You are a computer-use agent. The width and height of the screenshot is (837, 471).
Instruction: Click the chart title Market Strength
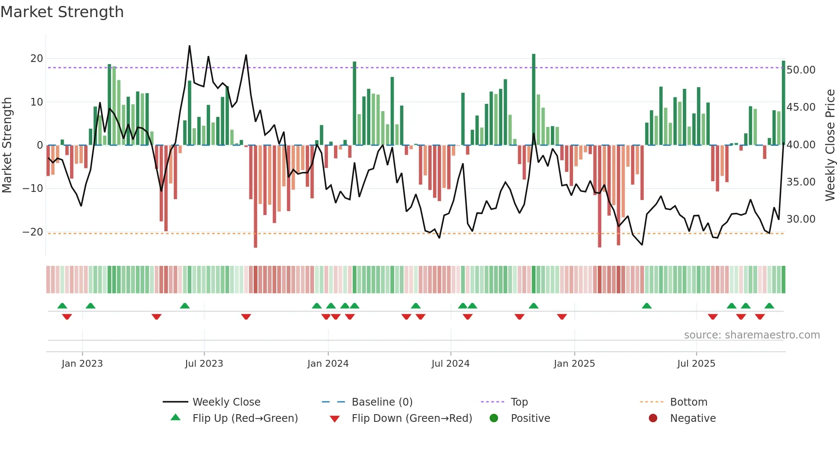[62, 12]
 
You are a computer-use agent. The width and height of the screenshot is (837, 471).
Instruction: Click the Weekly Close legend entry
[226, 402]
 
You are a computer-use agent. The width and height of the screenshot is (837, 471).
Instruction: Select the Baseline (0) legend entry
[382, 402]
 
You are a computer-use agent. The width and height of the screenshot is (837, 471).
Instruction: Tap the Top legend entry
[519, 402]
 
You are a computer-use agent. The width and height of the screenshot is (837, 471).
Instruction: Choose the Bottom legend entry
[688, 402]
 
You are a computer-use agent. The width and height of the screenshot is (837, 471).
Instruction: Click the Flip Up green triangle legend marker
[176, 417]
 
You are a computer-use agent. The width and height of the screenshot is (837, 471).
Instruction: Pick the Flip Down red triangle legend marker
[335, 419]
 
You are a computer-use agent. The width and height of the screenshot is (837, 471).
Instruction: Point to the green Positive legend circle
[494, 418]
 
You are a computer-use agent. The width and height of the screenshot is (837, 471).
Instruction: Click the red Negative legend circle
[653, 418]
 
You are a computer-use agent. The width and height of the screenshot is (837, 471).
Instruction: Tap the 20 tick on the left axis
[37, 59]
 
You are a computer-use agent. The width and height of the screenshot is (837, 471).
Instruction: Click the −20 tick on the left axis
[33, 232]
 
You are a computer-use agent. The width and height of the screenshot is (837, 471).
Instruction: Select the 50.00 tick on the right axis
[801, 70]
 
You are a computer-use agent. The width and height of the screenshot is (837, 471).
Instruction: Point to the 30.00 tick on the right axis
[801, 219]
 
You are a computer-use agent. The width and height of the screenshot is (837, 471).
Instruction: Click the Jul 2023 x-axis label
[204, 364]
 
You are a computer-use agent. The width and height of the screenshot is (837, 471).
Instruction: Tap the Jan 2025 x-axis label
[574, 364]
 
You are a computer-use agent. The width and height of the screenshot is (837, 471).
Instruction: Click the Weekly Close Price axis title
[830, 145]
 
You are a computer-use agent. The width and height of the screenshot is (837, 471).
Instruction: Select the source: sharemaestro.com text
[752, 335]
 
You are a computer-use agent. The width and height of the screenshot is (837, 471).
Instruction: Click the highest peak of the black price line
[190, 46]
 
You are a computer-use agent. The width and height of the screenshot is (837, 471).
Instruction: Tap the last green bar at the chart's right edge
[783, 103]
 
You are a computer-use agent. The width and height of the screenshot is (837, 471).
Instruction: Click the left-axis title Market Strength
[7, 145]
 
